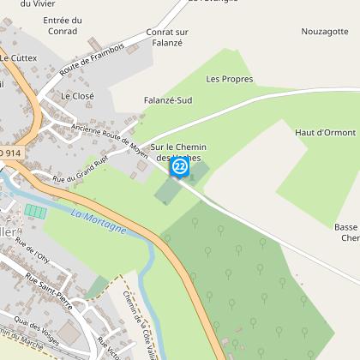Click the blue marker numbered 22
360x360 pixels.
click(x=180, y=166)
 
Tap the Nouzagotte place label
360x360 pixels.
click(x=326, y=31)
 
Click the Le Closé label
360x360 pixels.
click(x=76, y=97)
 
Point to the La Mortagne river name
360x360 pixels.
click(x=99, y=222)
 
